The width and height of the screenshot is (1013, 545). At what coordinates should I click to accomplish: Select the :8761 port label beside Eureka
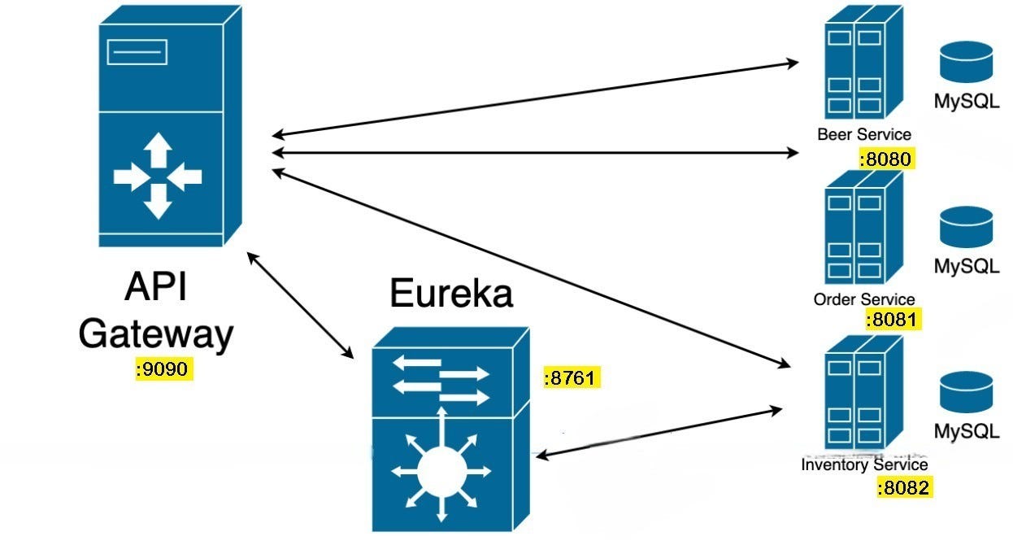[x=572, y=377]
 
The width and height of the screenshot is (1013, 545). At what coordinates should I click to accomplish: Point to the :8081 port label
[x=893, y=320]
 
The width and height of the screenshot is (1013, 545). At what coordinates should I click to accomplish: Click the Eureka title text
[x=451, y=293]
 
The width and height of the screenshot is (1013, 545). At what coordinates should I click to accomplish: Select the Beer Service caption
[x=864, y=134]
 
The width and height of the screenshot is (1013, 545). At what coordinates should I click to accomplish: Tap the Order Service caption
[x=864, y=299]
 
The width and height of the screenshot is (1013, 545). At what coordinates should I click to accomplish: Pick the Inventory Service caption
[x=864, y=465]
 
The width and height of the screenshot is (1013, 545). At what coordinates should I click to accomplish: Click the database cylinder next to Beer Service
[x=966, y=63]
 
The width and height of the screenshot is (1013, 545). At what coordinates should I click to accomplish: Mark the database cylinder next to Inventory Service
[x=966, y=392]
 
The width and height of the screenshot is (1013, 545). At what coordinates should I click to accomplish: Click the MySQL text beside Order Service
[x=966, y=267]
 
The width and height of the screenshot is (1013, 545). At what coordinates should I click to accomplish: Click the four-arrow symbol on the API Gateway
[x=158, y=176]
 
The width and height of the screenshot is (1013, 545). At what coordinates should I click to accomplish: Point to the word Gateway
[x=156, y=334]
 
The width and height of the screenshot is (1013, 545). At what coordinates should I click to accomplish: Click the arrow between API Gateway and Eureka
[x=301, y=306]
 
